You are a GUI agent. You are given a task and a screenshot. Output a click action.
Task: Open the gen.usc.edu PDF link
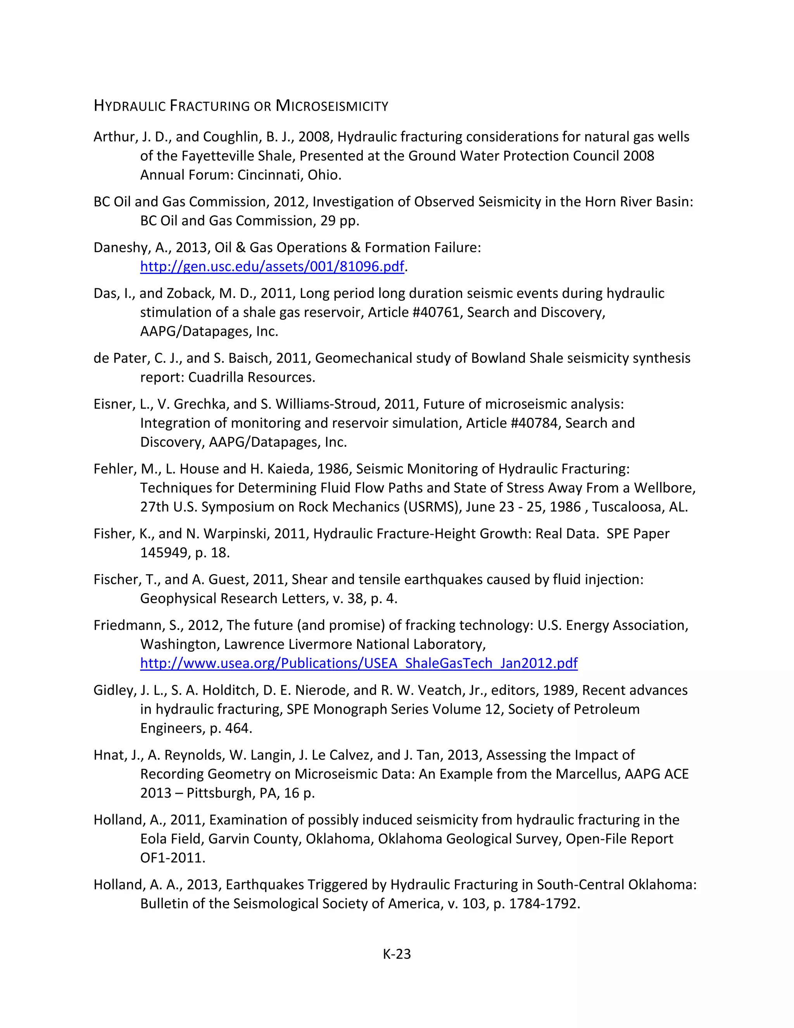(272, 267)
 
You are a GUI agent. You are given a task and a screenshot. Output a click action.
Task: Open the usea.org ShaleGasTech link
(359, 663)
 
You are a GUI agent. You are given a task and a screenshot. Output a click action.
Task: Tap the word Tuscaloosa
(626, 507)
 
